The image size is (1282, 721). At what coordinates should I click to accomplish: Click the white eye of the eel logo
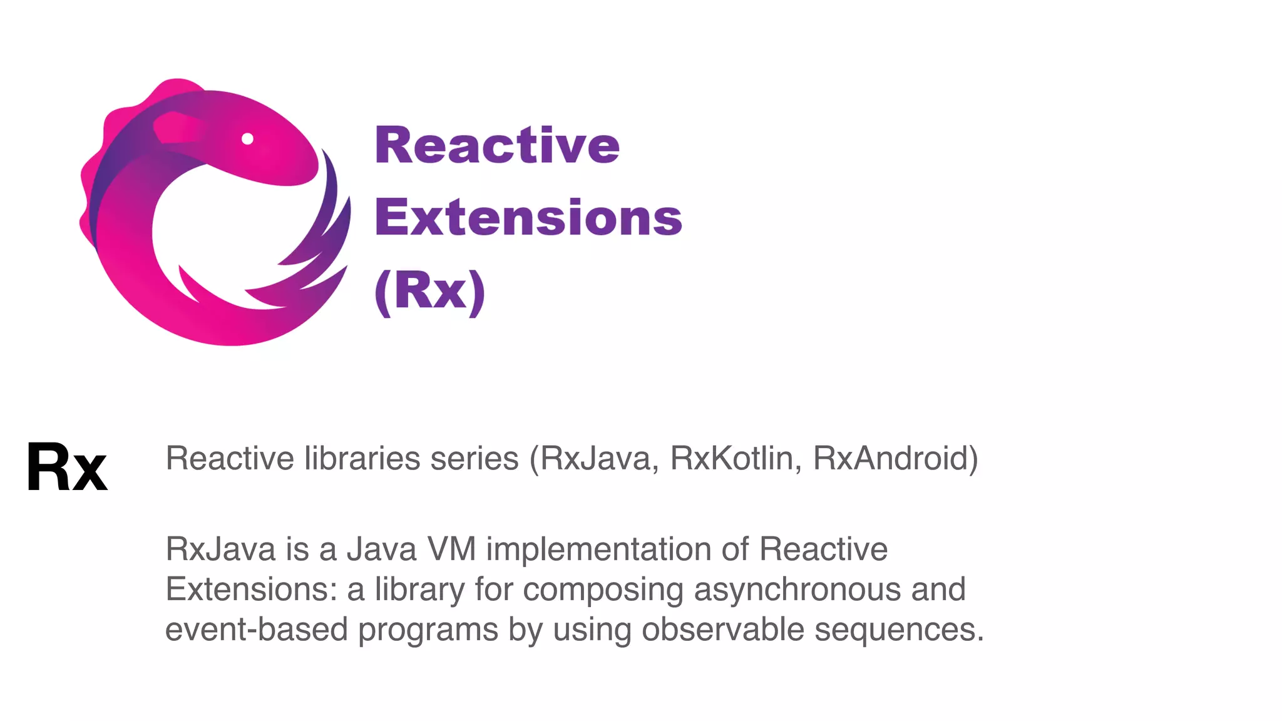[247, 139]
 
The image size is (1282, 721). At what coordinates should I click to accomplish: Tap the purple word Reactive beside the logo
[497, 145]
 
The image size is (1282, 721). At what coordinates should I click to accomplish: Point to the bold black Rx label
[66, 467]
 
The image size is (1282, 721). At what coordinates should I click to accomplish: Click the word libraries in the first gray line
[362, 458]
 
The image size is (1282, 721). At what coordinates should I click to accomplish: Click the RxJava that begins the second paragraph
[220, 549]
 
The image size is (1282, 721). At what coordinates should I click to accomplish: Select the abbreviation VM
[451, 549]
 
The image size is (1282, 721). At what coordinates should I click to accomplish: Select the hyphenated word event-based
[256, 629]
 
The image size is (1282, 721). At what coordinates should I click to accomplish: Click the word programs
[428, 630]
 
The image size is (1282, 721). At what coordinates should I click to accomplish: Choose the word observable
[723, 629]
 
